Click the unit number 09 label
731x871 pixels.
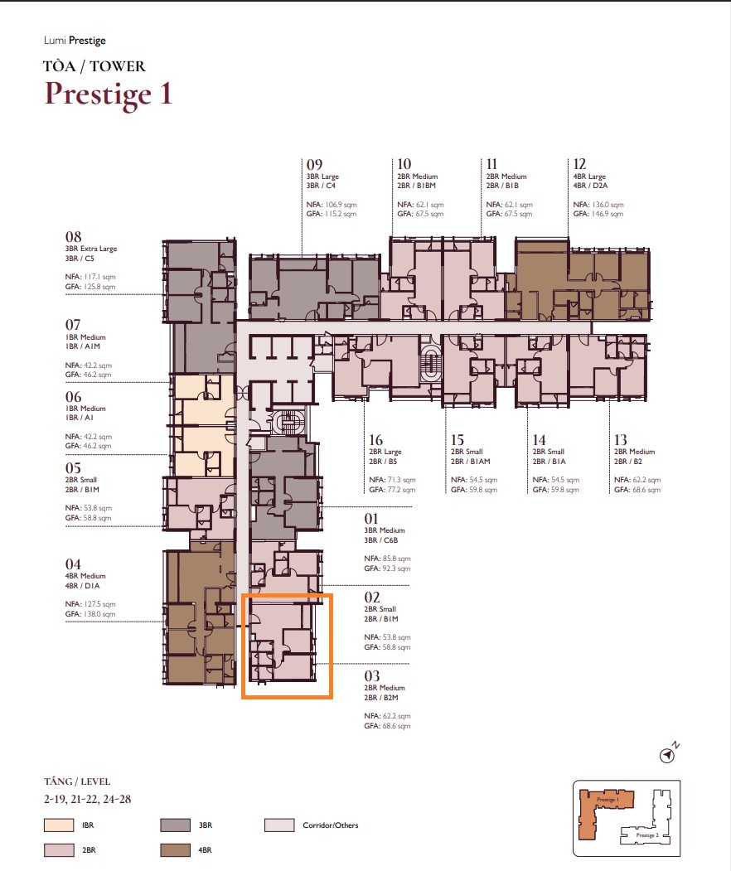click(314, 164)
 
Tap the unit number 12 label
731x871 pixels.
click(579, 164)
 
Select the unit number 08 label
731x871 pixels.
click(73, 237)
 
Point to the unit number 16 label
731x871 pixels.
click(376, 440)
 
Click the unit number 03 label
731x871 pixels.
click(372, 676)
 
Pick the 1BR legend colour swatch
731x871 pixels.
click(59, 825)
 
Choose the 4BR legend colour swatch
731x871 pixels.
click(175, 850)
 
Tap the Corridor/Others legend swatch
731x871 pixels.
click(279, 825)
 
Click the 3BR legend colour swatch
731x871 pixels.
click(175, 825)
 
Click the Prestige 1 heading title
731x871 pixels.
click(109, 94)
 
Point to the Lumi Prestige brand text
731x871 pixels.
click(75, 41)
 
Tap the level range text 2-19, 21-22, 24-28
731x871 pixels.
click(88, 800)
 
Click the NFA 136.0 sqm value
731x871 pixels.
click(598, 205)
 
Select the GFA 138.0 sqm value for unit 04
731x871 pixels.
click(90, 614)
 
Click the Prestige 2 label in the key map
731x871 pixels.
click(647, 835)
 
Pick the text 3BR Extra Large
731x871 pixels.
click(91, 249)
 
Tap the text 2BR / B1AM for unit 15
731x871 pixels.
click(471, 461)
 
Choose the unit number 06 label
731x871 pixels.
click(73, 397)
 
